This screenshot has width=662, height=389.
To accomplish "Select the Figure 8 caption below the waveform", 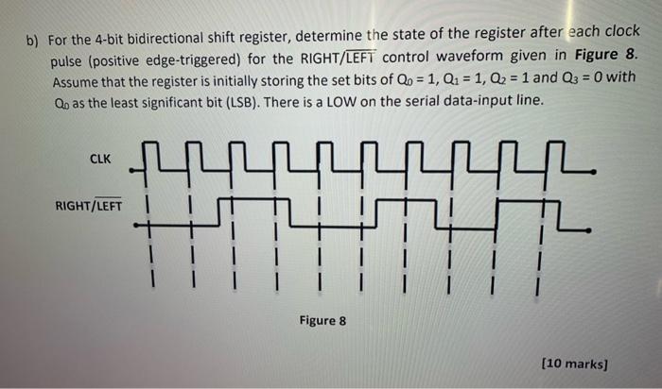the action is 322,320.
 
